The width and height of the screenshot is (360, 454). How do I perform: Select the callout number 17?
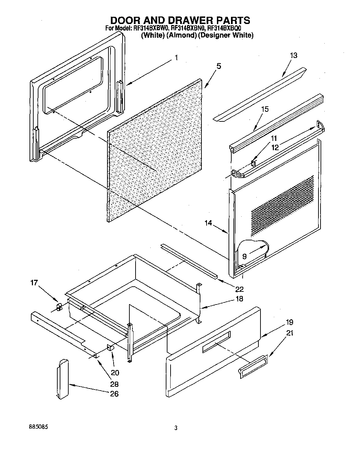34,283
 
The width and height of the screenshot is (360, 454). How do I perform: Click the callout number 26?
114,394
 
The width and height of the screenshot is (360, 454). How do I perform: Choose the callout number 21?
290,333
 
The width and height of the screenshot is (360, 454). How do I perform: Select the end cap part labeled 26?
62,379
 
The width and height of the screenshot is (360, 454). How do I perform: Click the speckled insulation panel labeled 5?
156,151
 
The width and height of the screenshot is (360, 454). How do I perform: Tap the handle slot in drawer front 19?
216,342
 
